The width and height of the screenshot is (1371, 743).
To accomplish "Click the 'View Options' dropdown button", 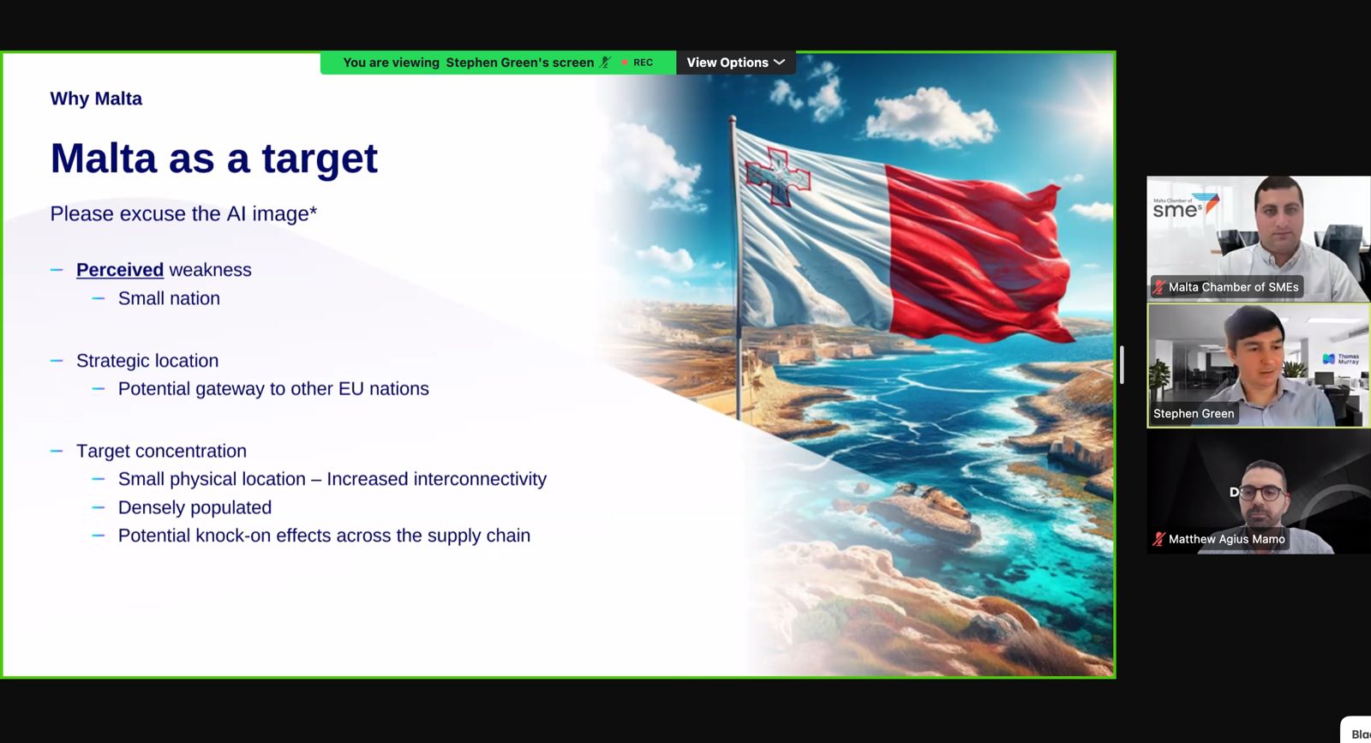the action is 736,63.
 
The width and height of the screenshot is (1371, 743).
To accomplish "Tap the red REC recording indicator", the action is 638,63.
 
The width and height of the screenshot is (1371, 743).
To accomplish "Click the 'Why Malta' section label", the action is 96,99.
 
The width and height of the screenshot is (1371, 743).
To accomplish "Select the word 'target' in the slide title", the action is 320,159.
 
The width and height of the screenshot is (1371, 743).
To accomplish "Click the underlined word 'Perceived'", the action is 120,270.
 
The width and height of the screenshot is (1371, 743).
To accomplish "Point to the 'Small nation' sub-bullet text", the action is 169,298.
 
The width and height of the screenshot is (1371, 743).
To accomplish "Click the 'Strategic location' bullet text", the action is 147,361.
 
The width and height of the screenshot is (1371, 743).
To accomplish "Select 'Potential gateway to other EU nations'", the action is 273,388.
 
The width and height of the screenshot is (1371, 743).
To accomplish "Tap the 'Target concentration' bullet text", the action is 162,451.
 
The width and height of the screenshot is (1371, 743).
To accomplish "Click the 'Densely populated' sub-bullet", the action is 195,507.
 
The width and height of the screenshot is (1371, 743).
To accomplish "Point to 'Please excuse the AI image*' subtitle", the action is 183,213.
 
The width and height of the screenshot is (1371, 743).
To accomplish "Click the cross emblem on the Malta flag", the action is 778,176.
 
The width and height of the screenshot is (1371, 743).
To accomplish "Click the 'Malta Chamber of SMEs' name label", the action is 1233,287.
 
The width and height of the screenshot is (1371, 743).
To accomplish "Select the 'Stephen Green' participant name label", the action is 1194,414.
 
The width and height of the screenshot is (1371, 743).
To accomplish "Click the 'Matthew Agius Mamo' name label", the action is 1226,539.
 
